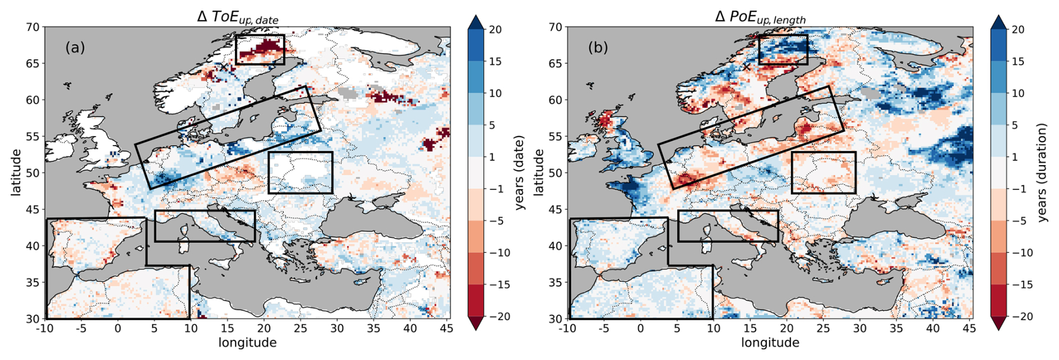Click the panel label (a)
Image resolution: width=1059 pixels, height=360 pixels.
coord(75,48)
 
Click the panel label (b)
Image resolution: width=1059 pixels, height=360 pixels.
coord(598,48)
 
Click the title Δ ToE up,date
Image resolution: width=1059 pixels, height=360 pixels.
coord(238,17)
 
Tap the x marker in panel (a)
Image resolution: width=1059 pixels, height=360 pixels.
coord(223,67)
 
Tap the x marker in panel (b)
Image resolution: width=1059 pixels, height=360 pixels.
coord(746,67)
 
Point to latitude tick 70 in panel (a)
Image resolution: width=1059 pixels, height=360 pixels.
coord(33,27)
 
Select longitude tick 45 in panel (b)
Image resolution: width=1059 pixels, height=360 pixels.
coord(969,328)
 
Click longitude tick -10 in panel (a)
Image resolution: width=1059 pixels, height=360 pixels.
coord(45,328)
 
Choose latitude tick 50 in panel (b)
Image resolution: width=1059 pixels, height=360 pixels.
coord(555,173)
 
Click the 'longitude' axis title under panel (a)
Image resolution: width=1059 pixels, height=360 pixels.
coord(247,343)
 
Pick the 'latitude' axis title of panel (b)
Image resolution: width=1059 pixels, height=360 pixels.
coord(538,172)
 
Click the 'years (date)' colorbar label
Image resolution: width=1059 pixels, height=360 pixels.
coord(520,172)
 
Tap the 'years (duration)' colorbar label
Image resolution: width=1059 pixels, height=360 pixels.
coord(1042,172)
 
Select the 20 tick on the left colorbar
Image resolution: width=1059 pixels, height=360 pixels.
coord(495,30)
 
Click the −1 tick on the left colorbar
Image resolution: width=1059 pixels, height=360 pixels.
coord(495,189)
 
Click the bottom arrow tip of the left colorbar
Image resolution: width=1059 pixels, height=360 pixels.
coord(476,329)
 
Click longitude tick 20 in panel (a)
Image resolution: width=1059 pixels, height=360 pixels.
coord(264,328)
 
